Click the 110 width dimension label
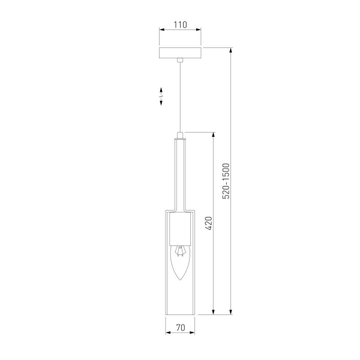180,25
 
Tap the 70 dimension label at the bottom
180,329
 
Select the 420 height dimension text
209,223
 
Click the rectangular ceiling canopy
180,53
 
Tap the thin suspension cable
180,96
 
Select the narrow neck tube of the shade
180,174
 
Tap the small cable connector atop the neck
180,134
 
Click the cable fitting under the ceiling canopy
180,61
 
